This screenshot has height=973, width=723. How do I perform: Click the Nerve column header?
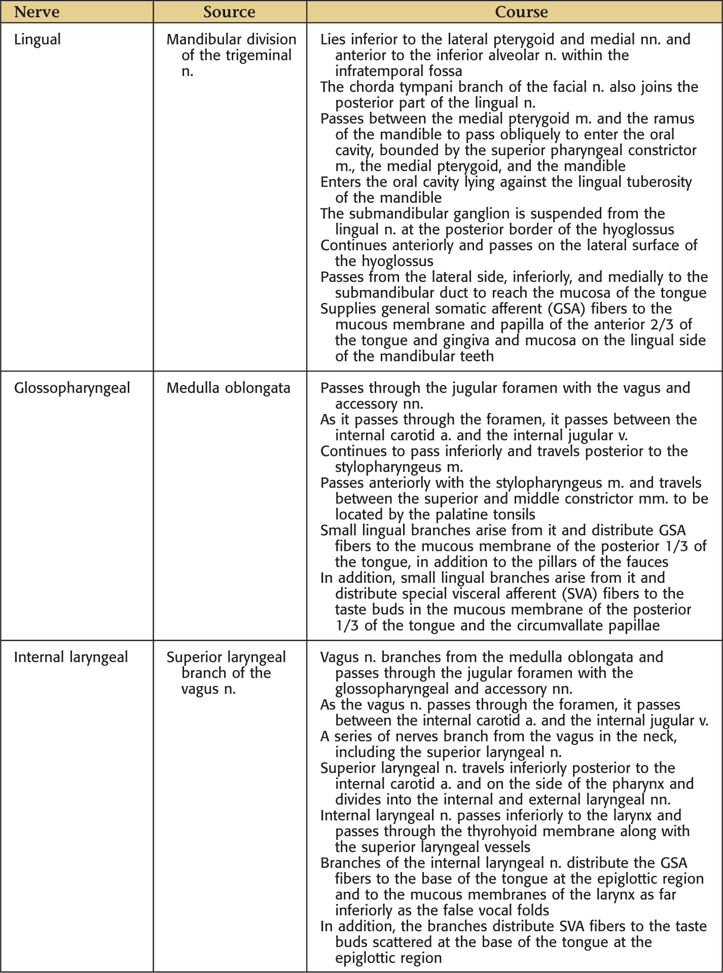(x=37, y=12)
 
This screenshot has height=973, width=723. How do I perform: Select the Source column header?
(x=229, y=12)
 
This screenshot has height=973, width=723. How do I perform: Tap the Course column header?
(x=521, y=12)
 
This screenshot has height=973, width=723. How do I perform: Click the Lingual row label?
(x=38, y=40)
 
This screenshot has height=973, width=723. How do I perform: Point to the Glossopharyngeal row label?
(x=72, y=388)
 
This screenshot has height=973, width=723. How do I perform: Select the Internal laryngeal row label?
(x=71, y=657)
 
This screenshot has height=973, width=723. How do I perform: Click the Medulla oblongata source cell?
(x=228, y=388)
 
